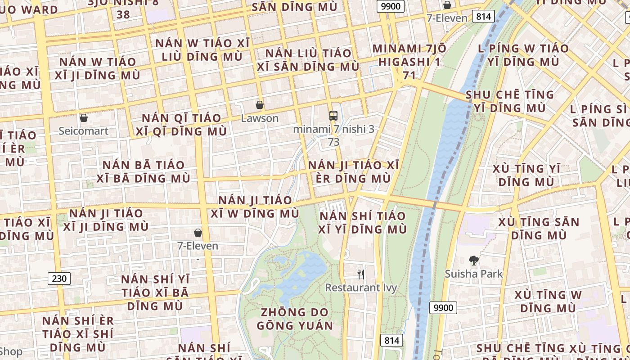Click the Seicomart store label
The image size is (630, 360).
(x=83, y=131)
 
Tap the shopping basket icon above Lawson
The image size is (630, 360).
(x=260, y=105)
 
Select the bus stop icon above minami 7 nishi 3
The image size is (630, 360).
(x=333, y=116)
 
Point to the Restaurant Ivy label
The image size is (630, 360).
(x=361, y=288)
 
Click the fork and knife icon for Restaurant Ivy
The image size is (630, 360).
(x=361, y=274)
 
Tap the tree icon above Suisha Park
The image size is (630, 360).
(x=473, y=260)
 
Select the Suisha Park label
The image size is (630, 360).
(x=473, y=274)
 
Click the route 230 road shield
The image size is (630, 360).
(x=59, y=279)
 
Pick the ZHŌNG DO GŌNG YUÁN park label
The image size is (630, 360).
(x=295, y=319)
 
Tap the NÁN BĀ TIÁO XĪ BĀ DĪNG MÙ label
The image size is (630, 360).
(x=144, y=171)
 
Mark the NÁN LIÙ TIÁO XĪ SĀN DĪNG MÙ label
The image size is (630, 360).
(x=308, y=60)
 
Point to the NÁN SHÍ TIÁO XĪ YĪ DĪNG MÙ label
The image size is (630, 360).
(x=362, y=222)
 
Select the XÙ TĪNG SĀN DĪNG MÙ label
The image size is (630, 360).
(x=539, y=228)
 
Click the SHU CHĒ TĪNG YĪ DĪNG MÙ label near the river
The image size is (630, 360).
(x=510, y=101)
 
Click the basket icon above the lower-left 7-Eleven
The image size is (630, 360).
(x=198, y=233)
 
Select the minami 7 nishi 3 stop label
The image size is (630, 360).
(x=333, y=129)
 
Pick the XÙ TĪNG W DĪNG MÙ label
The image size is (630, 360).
(x=548, y=301)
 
